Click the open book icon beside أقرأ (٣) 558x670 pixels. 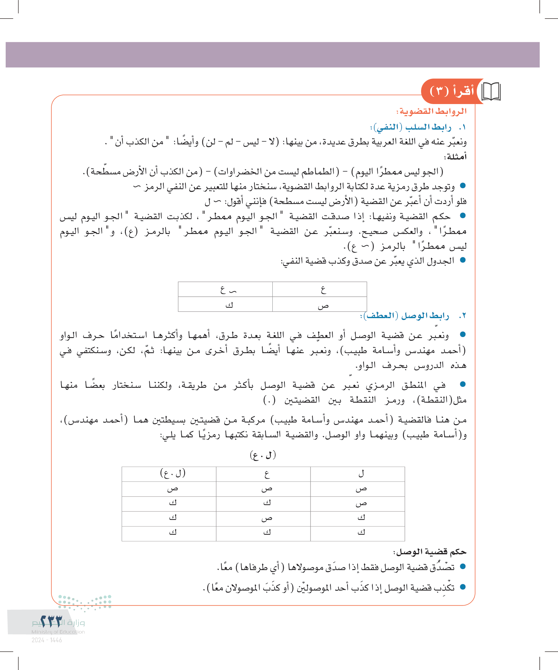(491, 92)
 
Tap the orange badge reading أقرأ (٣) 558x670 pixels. (452, 91)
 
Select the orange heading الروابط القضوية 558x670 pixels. (431, 111)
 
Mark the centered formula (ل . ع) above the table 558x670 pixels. (263, 455)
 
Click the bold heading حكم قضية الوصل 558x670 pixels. (429, 552)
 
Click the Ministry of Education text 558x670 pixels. (58, 632)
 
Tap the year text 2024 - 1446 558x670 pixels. (47, 640)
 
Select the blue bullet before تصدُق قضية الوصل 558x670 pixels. (463, 567)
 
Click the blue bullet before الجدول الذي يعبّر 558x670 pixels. (463, 260)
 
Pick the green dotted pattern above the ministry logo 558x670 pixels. (85, 602)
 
